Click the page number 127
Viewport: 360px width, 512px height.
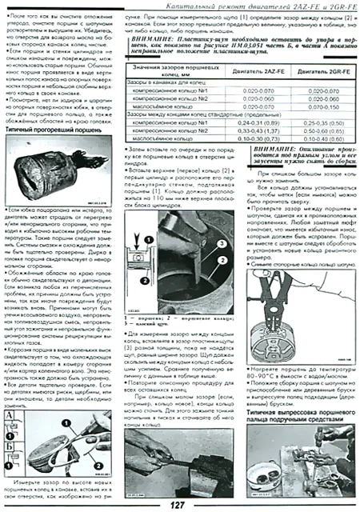click(179, 503)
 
